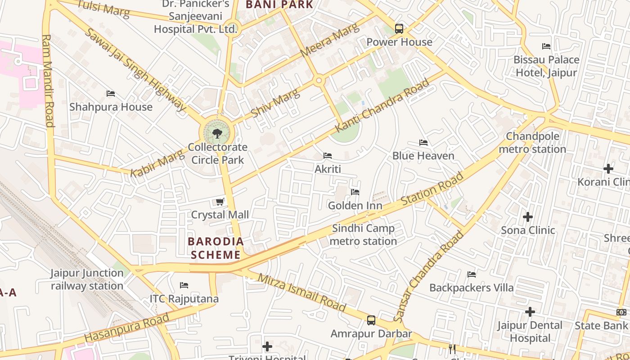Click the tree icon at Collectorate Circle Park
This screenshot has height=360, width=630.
[x=217, y=133]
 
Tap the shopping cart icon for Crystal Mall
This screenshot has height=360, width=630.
[x=220, y=202]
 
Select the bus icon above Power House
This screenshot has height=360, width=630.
[x=399, y=29]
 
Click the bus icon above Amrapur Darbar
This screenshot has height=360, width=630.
[x=371, y=320]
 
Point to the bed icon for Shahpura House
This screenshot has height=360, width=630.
[x=111, y=94]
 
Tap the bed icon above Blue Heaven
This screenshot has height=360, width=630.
[x=423, y=143]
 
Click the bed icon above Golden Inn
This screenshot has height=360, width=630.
[x=355, y=192]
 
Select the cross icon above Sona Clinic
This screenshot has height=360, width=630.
[x=528, y=217]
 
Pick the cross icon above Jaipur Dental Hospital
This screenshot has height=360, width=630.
[x=530, y=312]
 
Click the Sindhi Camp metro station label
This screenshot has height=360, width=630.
[x=363, y=235]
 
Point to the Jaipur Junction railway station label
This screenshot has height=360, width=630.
[x=87, y=279]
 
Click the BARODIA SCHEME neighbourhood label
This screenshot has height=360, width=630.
[x=214, y=248]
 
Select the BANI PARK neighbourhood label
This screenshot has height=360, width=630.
[x=279, y=5]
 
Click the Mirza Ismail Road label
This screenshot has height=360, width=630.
[x=301, y=292]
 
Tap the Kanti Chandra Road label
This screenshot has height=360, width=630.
[x=382, y=106]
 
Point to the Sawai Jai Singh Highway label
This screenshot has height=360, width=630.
[x=135, y=69]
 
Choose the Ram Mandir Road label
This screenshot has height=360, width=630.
[x=48, y=81]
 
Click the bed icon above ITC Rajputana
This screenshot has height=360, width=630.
[x=184, y=285]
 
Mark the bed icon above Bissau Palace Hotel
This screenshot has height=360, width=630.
[x=546, y=46]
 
